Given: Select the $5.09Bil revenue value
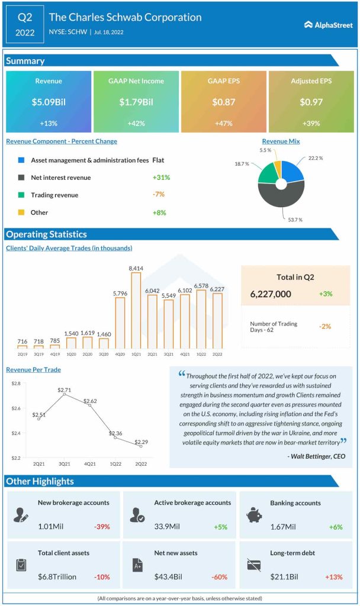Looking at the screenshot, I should coord(49,102).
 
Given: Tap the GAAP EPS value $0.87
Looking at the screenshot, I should coord(224,102).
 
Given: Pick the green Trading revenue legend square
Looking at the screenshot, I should coord(21,195).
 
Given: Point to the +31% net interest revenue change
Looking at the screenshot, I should coord(158,178).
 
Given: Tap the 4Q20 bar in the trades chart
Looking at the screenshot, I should coord(120,323).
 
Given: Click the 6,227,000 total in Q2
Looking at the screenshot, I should coord(271,294).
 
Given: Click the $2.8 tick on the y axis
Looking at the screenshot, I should coord(16,383).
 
